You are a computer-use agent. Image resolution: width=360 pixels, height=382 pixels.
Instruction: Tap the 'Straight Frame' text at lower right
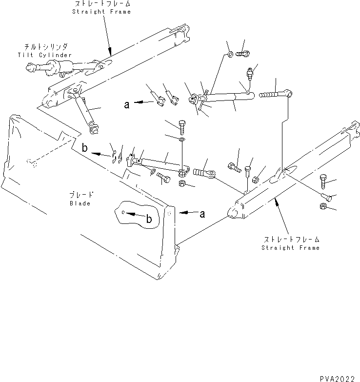click(x=290, y=248)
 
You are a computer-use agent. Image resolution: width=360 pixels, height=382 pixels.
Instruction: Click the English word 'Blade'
click(x=80, y=203)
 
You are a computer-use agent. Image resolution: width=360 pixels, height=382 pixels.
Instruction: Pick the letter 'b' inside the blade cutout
click(x=150, y=220)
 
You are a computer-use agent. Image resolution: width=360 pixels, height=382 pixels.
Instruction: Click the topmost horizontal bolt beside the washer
click(x=242, y=54)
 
